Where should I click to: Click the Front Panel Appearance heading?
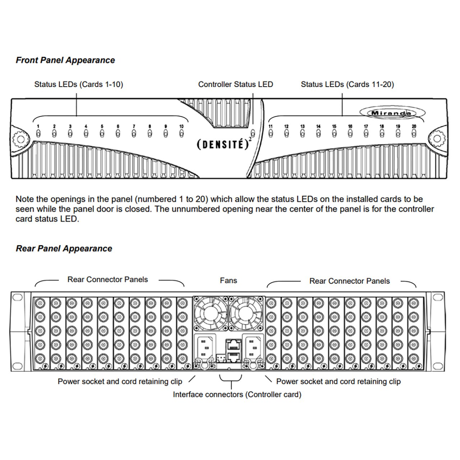pos(65,60)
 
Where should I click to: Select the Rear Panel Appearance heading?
pos(64,248)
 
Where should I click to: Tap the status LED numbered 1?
pos(38,134)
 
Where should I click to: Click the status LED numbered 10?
pos(181,134)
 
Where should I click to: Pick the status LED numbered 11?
pos(271,134)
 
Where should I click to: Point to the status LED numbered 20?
pos(414,134)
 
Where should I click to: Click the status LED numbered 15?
pos(334,134)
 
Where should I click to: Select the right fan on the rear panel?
pos(246,313)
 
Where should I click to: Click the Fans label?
pos(228,280)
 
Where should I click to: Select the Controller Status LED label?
pos(235,84)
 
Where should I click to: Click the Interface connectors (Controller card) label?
pos(237,395)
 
